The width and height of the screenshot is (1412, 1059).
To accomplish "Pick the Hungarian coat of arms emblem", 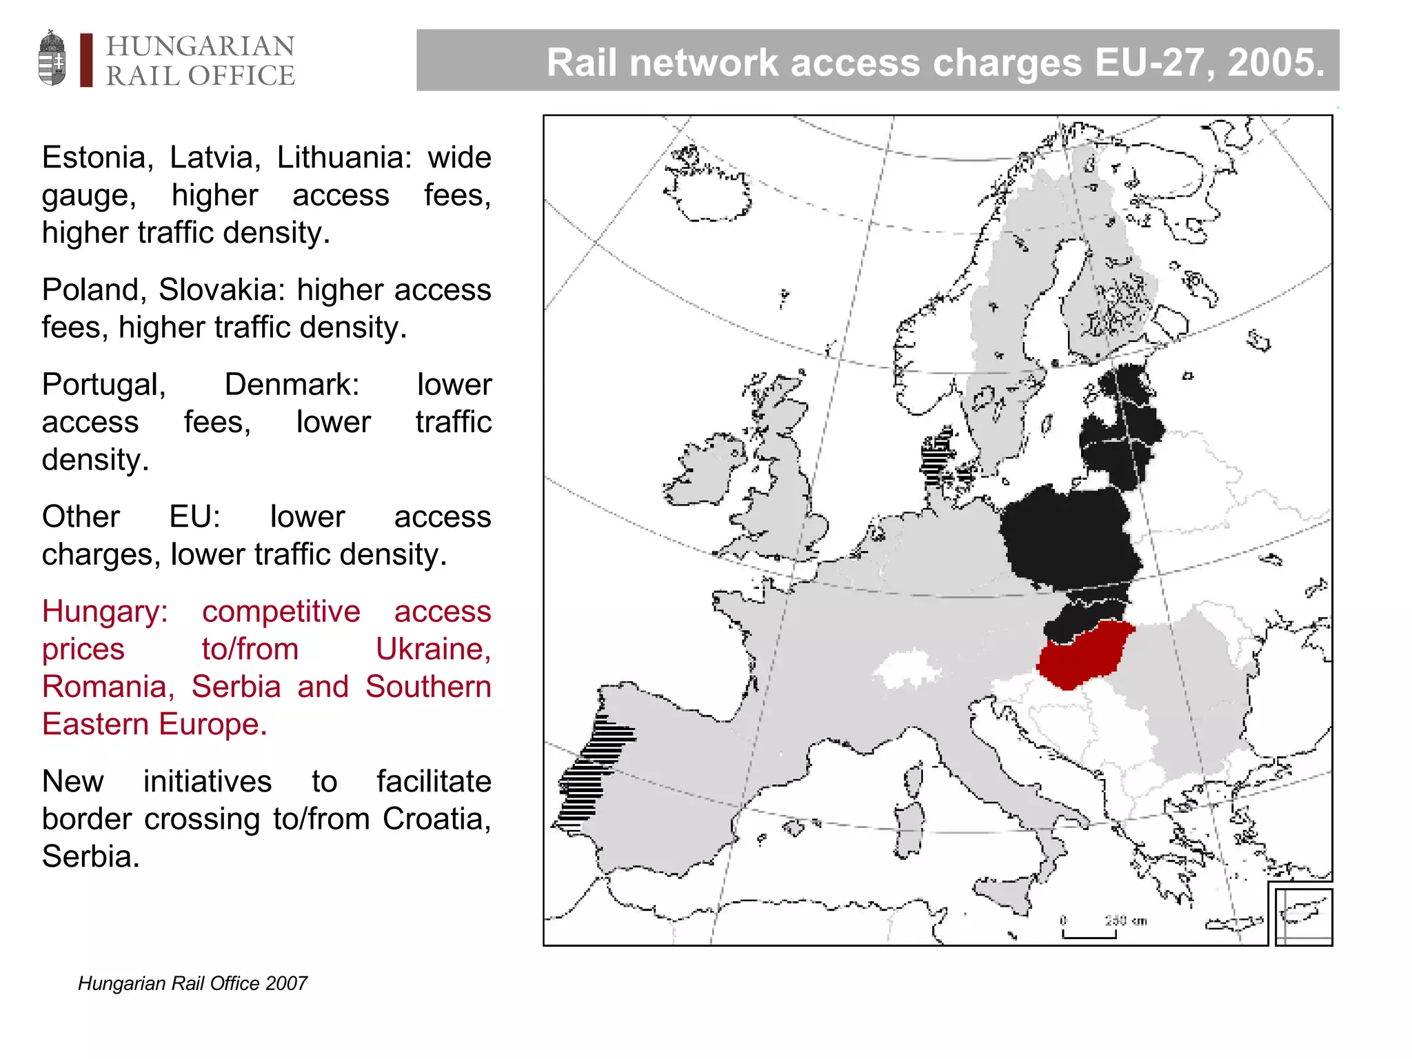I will [52, 58].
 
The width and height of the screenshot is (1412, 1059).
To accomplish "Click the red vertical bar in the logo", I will [86, 60].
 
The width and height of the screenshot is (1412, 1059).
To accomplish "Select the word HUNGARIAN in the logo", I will [200, 46].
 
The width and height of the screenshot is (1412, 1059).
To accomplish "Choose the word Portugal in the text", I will [103, 385].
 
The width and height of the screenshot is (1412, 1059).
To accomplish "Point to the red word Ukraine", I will [432, 649].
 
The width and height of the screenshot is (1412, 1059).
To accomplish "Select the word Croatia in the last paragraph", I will [436, 820].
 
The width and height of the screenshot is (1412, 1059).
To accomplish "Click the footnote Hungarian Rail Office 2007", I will [192, 983].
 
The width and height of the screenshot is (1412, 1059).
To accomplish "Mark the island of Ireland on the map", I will [703, 469].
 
